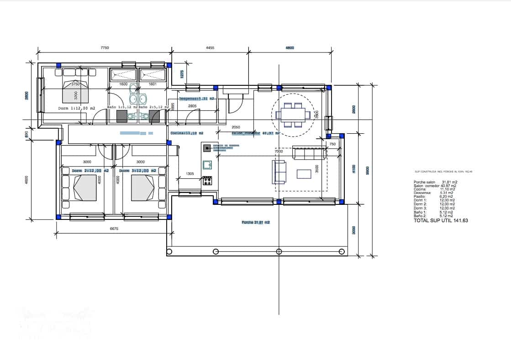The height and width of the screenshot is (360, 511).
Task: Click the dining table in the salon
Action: tap(293, 114)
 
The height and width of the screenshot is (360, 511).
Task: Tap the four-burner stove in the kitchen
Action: tap(207, 181)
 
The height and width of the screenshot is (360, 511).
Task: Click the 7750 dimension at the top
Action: tap(104, 47)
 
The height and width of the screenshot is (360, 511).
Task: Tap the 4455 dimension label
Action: tap(210, 47)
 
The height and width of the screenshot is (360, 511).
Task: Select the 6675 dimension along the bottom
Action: tap(114, 229)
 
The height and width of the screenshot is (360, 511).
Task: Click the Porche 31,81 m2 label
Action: tap(256, 222)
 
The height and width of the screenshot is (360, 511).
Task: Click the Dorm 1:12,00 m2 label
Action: tap(76, 108)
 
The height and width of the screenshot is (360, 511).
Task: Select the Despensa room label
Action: tap(196, 99)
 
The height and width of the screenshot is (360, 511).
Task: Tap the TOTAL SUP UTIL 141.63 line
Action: tap(441, 220)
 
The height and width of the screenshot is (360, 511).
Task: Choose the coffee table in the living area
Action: tap(304, 174)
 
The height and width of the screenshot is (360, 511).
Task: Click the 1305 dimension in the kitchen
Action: tap(190, 173)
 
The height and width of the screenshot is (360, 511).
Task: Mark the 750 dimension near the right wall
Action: tap(332, 144)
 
